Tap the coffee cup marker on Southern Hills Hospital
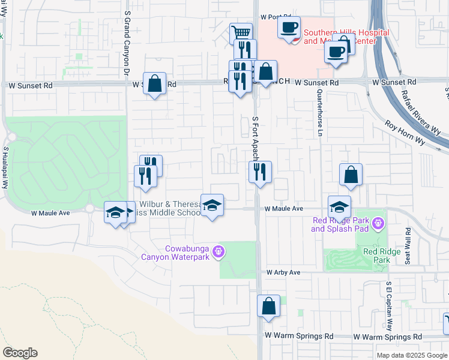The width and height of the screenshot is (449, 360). pyautogui.click(x=289, y=28)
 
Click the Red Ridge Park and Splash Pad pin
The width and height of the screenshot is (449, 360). pyautogui.click(x=378, y=224)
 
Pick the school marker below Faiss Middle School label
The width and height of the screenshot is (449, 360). pyautogui.click(x=212, y=206)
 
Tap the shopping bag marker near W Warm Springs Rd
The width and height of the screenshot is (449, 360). pyautogui.click(x=268, y=305)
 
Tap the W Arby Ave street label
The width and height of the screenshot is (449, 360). pyautogui.click(x=283, y=272)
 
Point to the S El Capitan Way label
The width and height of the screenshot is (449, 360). pyautogui.click(x=389, y=307)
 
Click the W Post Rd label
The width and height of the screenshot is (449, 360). pyautogui.click(x=276, y=17)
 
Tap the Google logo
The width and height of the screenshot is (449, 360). pyautogui.click(x=20, y=353)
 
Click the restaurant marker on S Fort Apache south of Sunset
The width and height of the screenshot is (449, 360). pyautogui.click(x=260, y=172)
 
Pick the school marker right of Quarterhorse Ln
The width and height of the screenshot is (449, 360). pyautogui.click(x=339, y=207)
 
